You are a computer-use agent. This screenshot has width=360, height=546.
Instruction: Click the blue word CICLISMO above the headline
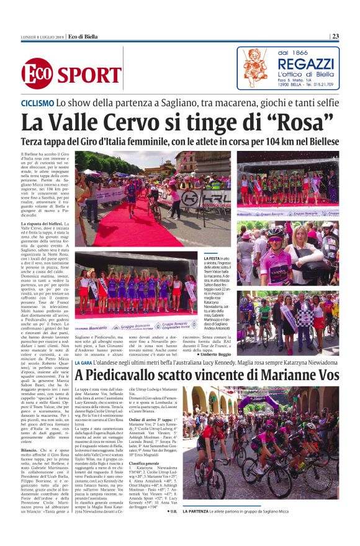pos(37,102)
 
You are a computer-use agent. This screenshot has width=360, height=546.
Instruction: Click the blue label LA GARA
pos(83,363)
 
